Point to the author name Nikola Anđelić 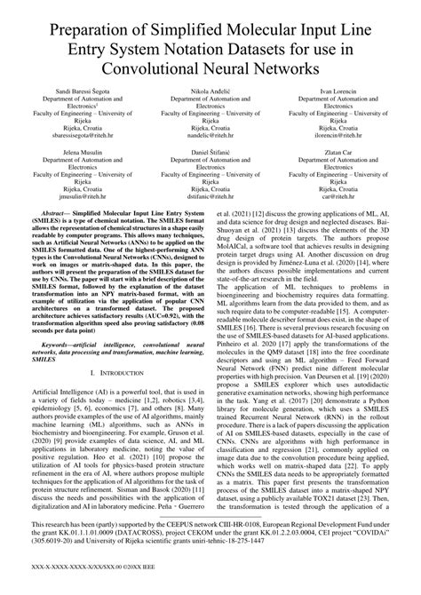pyautogui.click(x=210, y=92)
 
